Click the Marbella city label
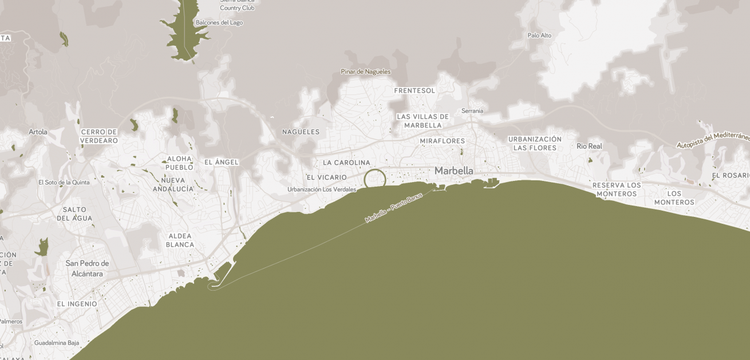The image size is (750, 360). [x=454, y=171]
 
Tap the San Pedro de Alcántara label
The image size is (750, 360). [x=87, y=268]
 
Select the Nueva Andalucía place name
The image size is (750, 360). [x=173, y=184]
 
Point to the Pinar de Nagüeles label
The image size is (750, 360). [x=365, y=72]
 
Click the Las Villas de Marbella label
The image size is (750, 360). [x=423, y=121]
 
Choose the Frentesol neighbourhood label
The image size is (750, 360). [x=415, y=90]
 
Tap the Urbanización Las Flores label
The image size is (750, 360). [x=535, y=143]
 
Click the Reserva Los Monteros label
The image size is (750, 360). [x=617, y=189]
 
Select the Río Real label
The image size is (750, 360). [x=589, y=146]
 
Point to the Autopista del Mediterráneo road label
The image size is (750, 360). [x=713, y=140]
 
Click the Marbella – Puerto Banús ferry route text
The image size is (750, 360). [x=393, y=208]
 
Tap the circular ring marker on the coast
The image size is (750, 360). [x=375, y=179]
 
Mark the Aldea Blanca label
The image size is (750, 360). [x=180, y=240]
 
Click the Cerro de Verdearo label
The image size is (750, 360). [x=99, y=136]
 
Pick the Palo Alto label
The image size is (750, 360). [x=539, y=35]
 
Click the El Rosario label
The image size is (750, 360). [x=731, y=175]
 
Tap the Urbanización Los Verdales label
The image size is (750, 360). [x=321, y=189]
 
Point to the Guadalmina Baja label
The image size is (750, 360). [x=57, y=343]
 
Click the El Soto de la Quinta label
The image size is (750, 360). [x=64, y=183]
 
